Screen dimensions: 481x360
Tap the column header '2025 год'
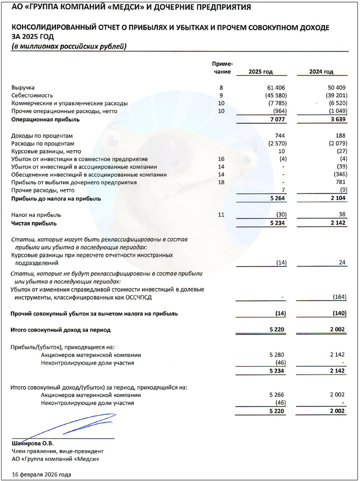click(260, 72)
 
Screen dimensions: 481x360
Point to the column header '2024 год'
click(321, 72)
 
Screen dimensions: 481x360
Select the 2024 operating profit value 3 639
click(337, 119)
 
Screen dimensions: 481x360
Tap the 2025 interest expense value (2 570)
click(274, 144)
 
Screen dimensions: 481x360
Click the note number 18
click(222, 183)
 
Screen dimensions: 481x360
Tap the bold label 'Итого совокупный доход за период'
click(61, 329)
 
